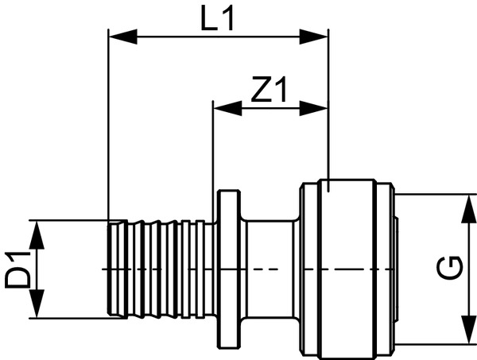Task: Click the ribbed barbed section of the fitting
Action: pos(159,269)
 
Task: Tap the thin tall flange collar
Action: pos(229,269)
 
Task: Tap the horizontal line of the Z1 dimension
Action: pos(270,106)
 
